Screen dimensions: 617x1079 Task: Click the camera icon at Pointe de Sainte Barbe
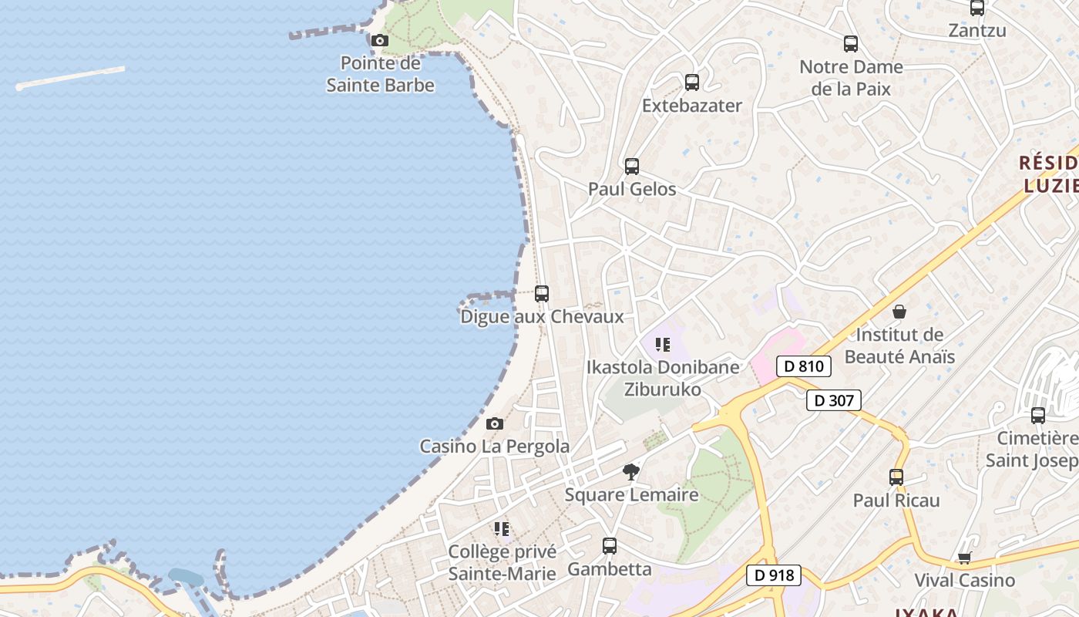coord(379,40)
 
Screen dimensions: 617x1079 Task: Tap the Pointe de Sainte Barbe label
coord(380,74)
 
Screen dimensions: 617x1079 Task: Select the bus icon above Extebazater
coord(692,82)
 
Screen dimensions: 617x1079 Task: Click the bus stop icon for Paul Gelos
coord(632,166)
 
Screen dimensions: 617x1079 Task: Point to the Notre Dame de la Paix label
coord(851,78)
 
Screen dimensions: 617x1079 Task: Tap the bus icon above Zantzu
coord(977,8)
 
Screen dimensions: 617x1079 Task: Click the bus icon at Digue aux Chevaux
coord(542,293)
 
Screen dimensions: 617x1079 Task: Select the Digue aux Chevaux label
coord(542,317)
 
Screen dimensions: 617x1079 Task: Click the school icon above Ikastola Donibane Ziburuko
coord(663,344)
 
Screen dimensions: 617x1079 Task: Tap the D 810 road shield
coord(804,366)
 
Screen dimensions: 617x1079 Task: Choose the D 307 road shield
coord(833,400)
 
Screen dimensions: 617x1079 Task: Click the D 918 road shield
coord(774,575)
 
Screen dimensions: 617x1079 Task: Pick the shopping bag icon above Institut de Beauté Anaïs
coord(899,312)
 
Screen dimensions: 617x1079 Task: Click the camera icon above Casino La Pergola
coord(495,423)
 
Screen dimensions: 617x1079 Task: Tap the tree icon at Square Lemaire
coord(631,471)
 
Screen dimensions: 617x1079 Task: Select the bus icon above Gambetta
coord(610,546)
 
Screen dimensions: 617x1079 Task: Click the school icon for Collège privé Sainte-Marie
coord(502,528)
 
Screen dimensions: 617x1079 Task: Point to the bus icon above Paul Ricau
coord(896,477)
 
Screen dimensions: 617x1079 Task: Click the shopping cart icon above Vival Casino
coord(964,558)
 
